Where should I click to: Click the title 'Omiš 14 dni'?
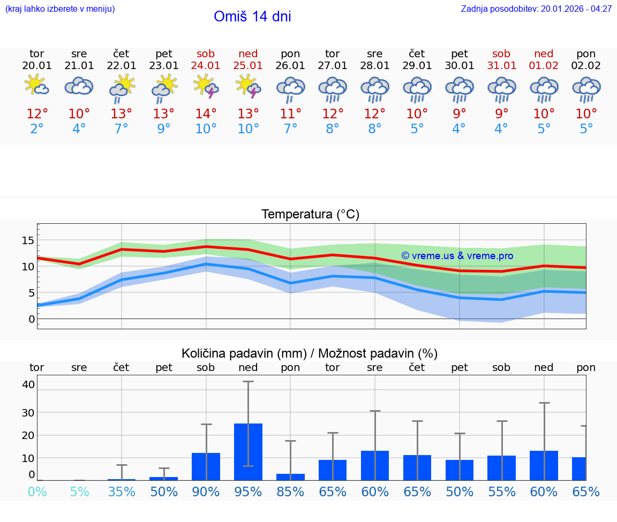pos(252,17)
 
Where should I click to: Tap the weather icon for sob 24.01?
pos(206,86)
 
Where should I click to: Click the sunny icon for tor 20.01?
pos(36,86)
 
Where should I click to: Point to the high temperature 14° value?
pos(206,114)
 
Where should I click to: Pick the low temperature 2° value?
pos(36,129)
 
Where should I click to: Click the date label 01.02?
pos(544,66)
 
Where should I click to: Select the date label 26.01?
pos(290,66)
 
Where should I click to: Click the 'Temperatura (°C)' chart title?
pos(310,215)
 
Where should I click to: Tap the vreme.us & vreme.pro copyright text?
pos(457,256)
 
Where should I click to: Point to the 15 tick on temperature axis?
pos(28,240)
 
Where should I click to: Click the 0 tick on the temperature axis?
pos(32,319)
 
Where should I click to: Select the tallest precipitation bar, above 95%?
pos(248,452)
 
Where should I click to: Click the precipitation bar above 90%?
pos(206,466)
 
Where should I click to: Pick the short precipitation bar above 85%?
pos(290,477)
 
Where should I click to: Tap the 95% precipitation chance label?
pos(248,492)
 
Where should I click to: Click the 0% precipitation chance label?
pos(36,492)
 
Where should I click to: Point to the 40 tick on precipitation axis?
pos(28,384)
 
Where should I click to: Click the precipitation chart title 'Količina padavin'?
pos(310,353)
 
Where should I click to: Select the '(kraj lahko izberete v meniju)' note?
pos(60,9)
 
